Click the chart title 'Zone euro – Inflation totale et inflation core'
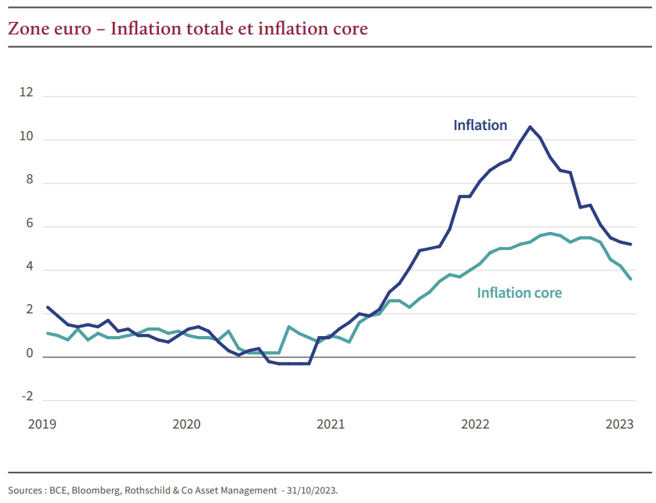[x=188, y=29]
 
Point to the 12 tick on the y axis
[x=27, y=93]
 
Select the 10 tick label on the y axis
[x=27, y=137]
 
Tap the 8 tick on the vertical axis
[x=29, y=181]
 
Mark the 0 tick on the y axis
[x=29, y=354]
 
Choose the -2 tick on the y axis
[x=27, y=397]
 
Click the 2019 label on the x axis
[x=42, y=424]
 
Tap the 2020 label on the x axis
[x=187, y=424]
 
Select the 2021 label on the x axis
[x=331, y=424]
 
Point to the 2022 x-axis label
[x=475, y=424]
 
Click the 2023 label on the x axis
[x=619, y=424]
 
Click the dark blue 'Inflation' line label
[x=480, y=125]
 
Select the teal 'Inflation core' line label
[x=520, y=293]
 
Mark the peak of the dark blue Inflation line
[x=531, y=127]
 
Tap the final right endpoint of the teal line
[x=632, y=279]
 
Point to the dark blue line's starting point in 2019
[x=48, y=307]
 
